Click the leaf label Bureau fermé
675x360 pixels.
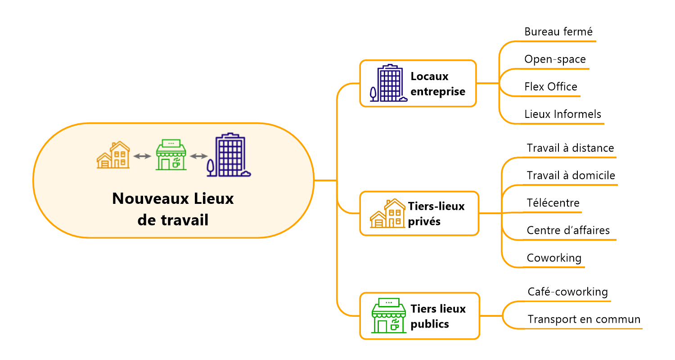click(x=558, y=32)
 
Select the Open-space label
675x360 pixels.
click(x=555, y=59)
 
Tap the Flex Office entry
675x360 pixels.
click(x=551, y=87)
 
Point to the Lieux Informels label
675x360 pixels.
click(x=562, y=114)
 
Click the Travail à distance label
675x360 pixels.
click(x=570, y=148)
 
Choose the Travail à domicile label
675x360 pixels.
click(x=571, y=175)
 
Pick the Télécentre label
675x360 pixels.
click(x=553, y=203)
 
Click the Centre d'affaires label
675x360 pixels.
click(x=568, y=230)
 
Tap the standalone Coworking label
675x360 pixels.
click(x=554, y=258)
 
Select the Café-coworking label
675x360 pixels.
click(x=567, y=292)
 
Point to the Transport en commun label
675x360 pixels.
click(x=584, y=319)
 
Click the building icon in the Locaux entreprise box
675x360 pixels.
click(x=388, y=84)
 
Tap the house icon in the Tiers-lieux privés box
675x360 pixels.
click(x=387, y=214)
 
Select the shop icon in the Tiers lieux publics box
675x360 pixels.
click(x=388, y=315)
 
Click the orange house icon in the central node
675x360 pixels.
click(x=113, y=155)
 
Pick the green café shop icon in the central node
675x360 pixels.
click(x=171, y=155)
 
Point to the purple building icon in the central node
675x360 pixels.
click(x=229, y=155)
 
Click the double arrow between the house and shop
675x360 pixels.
click(x=142, y=156)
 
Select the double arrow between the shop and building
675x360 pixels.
click(x=199, y=156)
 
